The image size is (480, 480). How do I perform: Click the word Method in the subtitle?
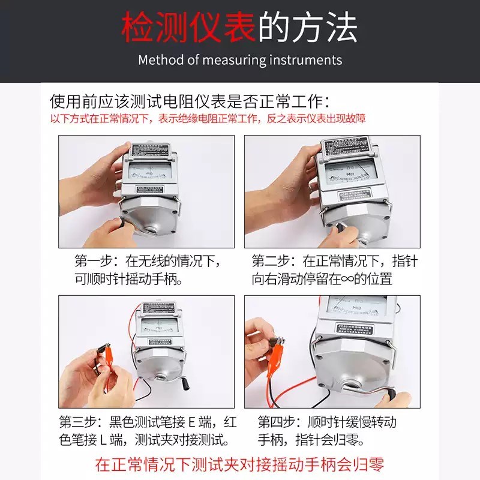point(159,60)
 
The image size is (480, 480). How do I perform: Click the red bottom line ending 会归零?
point(239,463)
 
